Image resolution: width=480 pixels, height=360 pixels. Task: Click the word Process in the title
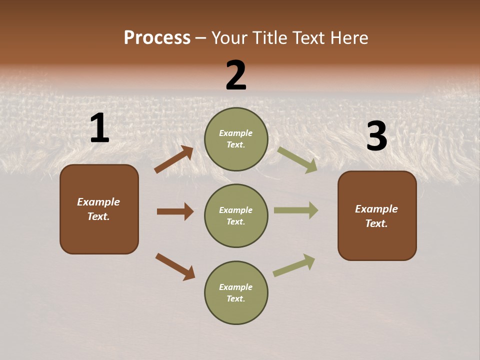(x=157, y=37)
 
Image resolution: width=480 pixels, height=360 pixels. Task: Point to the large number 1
(x=99, y=129)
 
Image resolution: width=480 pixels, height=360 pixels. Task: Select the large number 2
(x=236, y=76)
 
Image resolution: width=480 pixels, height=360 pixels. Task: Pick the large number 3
(x=376, y=136)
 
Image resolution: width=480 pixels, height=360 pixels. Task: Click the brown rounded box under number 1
(x=99, y=209)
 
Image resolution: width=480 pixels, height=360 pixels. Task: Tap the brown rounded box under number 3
(x=377, y=215)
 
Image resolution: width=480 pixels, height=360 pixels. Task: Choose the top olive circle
(x=236, y=139)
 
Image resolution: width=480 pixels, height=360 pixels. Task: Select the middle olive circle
(x=236, y=215)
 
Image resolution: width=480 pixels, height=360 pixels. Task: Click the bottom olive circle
(x=236, y=292)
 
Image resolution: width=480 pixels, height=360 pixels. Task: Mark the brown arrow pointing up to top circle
(x=174, y=159)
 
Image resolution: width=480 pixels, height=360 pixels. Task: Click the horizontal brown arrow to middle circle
(x=175, y=211)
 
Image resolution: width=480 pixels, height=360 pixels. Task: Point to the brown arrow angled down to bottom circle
(x=175, y=266)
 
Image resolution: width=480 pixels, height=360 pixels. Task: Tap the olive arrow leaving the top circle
(x=297, y=159)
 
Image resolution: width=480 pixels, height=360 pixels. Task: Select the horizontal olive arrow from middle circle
(x=296, y=210)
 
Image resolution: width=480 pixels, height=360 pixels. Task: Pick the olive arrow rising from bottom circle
(x=294, y=265)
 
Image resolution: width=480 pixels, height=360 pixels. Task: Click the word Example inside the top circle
(x=236, y=133)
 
